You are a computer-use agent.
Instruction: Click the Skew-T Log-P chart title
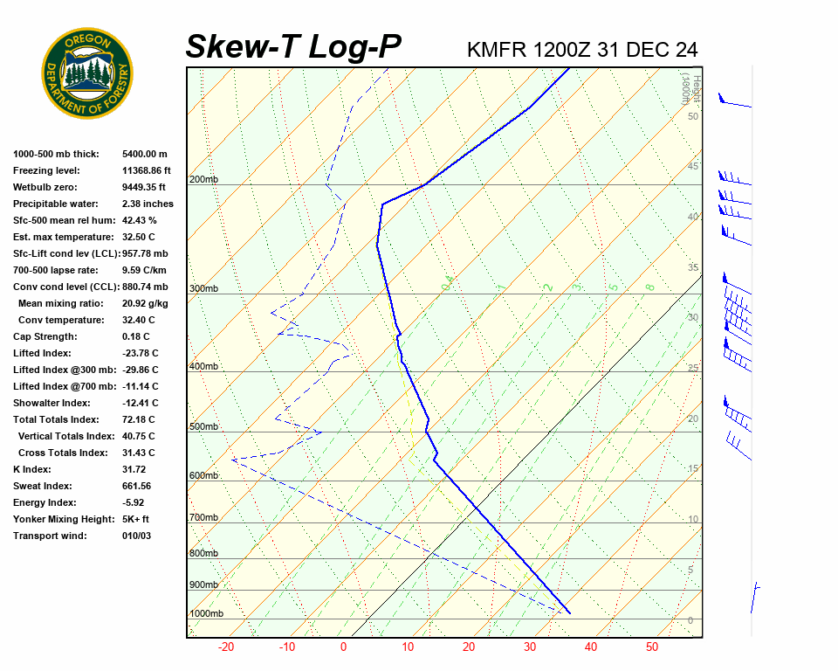click(x=293, y=47)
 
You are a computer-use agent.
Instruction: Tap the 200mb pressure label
click(x=203, y=180)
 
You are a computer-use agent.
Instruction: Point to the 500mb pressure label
click(x=203, y=427)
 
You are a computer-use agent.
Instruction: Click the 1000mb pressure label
click(x=206, y=614)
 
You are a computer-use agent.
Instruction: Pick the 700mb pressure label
click(x=203, y=518)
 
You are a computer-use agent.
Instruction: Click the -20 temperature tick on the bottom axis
click(x=226, y=647)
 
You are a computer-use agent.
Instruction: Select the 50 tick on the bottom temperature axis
click(x=652, y=647)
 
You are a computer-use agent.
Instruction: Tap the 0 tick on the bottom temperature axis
click(x=343, y=647)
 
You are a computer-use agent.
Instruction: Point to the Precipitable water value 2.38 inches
click(x=148, y=204)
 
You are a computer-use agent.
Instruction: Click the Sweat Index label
click(x=44, y=487)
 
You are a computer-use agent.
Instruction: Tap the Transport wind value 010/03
click(x=136, y=536)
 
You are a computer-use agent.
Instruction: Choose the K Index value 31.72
click(x=134, y=470)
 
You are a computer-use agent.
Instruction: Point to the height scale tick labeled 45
click(x=693, y=167)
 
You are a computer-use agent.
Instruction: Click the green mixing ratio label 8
click(x=649, y=287)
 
